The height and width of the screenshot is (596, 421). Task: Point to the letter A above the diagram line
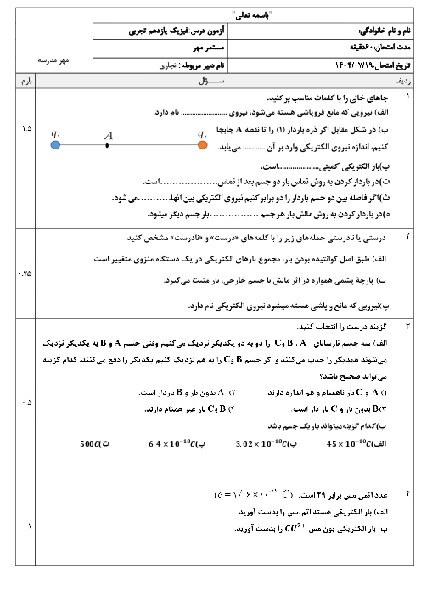pyautogui.click(x=108, y=134)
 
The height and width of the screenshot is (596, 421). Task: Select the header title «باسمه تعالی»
pyautogui.click(x=210, y=15)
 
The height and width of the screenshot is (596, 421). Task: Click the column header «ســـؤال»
pyautogui.click(x=210, y=81)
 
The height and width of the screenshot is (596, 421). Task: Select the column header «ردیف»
pyautogui.click(x=404, y=81)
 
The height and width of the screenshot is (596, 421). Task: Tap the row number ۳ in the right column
pyautogui.click(x=405, y=325)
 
